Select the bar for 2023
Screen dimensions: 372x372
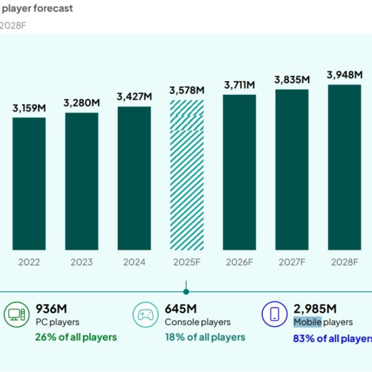tap(81, 180)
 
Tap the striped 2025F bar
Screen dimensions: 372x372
tap(187, 174)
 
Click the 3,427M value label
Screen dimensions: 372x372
tap(133, 97)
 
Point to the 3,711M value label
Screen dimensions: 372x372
tap(239, 84)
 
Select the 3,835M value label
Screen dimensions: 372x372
tap(291, 79)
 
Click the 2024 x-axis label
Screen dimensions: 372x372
tap(134, 262)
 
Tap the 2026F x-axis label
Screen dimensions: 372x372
tap(239, 262)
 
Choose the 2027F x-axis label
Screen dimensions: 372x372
tap(291, 262)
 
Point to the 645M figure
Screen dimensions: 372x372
tap(181, 309)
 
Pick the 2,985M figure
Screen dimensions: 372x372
tap(316, 309)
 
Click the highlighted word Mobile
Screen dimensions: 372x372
tap(308, 322)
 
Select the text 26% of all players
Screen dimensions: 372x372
tap(76, 337)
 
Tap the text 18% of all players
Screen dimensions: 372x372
tap(205, 337)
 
